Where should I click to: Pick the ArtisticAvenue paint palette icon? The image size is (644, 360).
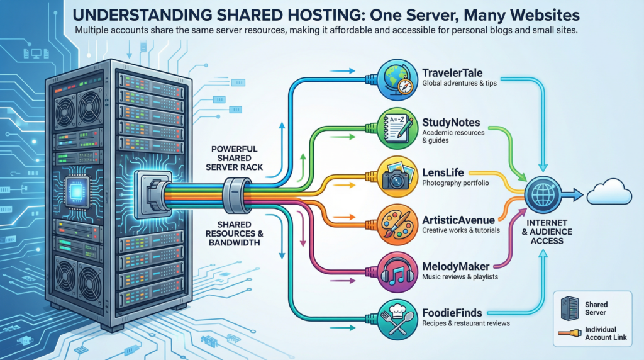click(x=397, y=223)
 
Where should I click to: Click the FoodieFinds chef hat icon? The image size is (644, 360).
click(x=397, y=318)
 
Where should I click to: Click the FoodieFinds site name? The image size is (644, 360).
click(x=453, y=312)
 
